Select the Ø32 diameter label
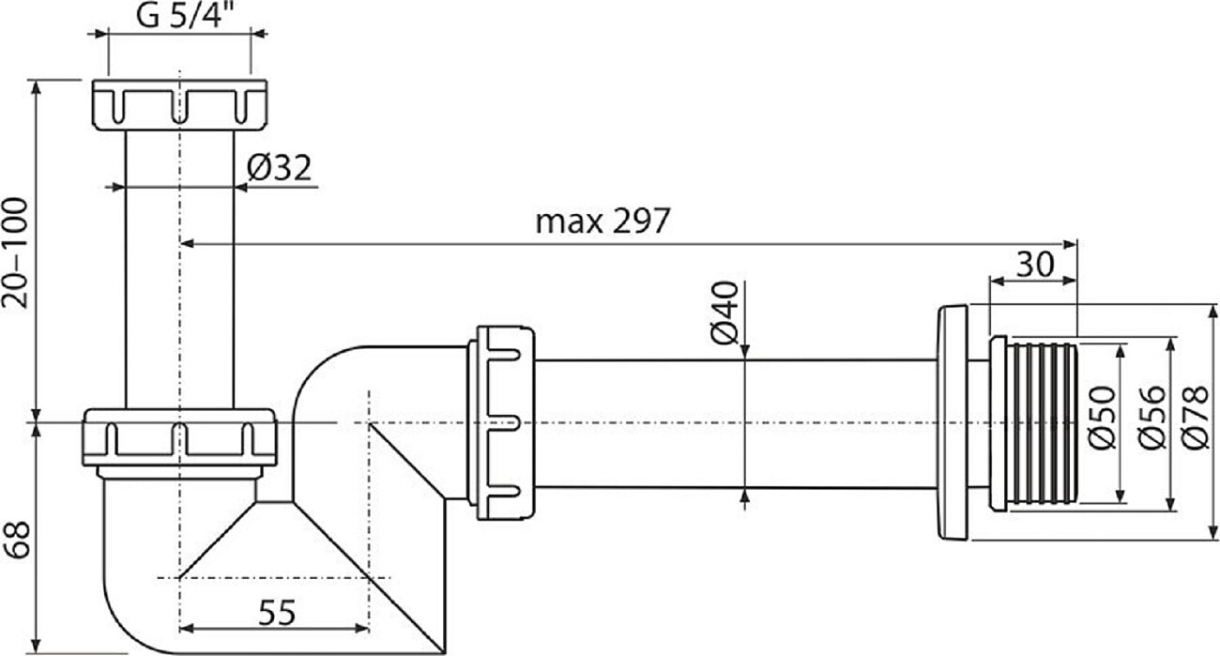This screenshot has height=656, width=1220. click(280, 168)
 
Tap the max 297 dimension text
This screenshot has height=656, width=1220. click(602, 221)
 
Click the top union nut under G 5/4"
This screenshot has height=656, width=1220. click(179, 104)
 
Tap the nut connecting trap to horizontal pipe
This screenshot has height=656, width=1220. click(505, 421)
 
